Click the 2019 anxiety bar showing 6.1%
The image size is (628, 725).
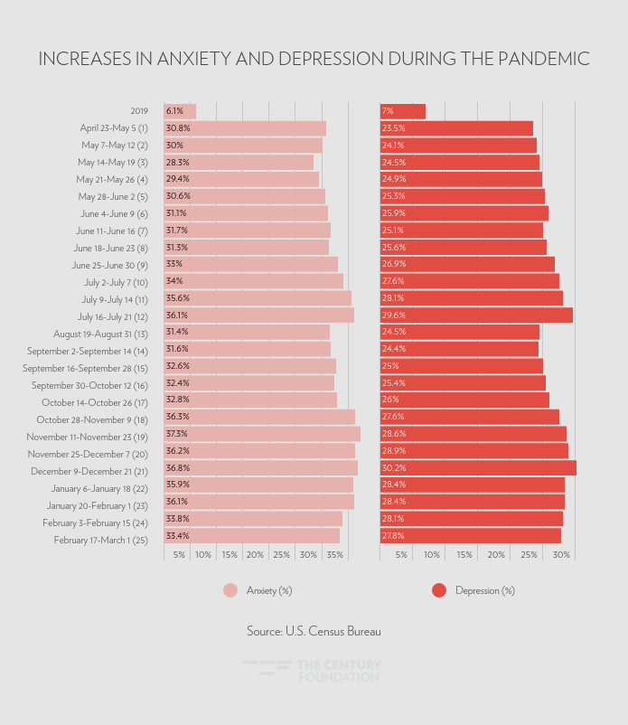coord(180,111)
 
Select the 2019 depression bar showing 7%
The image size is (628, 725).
coord(403,111)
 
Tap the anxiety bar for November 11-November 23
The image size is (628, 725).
coord(262,434)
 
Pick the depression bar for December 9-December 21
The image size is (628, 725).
coord(478,467)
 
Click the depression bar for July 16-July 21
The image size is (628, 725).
coord(476,315)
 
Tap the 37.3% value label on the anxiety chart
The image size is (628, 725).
coord(177,434)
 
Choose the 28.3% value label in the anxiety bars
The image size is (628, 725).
coord(177,163)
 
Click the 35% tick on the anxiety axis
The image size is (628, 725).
coord(333,554)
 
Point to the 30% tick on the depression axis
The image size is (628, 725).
coord(561,554)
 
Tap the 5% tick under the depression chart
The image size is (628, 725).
coord(401,554)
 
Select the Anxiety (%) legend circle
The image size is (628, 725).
coord(230,590)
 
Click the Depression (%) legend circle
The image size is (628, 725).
coord(439,590)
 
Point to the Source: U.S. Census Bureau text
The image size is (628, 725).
coord(314,631)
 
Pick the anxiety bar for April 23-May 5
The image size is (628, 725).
coord(245,128)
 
